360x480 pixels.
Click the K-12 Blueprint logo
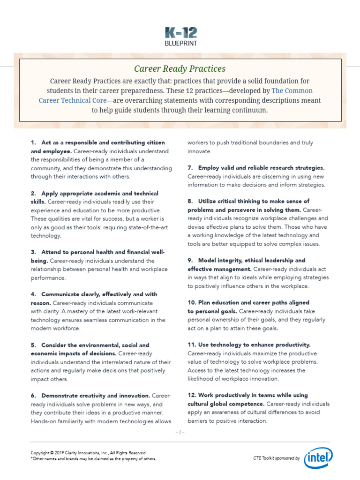180,37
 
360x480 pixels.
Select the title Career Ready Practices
180,68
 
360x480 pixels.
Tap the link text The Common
292,90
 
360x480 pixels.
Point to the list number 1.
33,142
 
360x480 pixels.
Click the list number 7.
190,168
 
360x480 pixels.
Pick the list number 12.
191,395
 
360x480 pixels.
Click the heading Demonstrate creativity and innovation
96,396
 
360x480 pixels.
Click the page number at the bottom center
180,432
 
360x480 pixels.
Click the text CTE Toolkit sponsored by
276,458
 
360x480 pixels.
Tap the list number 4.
33,294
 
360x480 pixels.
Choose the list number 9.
190,260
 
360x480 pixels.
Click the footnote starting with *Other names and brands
93,459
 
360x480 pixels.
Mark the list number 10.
191,302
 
